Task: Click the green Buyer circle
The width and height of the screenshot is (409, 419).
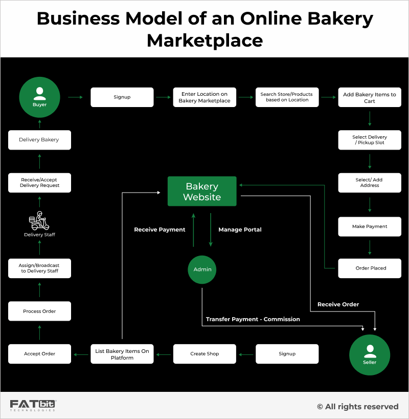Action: pos(39,97)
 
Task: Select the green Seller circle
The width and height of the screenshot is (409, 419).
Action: pos(370,355)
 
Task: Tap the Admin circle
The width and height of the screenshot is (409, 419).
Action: pos(202,269)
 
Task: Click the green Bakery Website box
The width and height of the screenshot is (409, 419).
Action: pos(202,192)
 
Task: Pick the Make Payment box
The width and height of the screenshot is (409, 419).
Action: pos(370,226)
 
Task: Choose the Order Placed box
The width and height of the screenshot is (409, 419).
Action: pos(370,268)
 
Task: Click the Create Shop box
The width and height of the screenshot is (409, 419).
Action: pos(204,353)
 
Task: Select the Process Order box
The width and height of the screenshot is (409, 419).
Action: pos(39,311)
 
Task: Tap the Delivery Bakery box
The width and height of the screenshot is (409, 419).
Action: pos(39,139)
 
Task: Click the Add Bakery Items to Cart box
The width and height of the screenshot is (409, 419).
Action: pos(370,97)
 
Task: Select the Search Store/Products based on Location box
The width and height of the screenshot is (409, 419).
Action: pos(287,97)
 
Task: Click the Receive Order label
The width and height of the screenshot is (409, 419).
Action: pos(338,304)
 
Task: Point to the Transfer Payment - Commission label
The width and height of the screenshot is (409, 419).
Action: pos(253,319)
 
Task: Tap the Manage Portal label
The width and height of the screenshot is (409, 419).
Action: pos(240,229)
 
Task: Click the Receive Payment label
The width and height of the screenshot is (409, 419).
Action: pos(160,229)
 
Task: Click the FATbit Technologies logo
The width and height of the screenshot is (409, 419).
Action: pos(33,406)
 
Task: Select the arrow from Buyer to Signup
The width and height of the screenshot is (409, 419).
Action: pos(76,97)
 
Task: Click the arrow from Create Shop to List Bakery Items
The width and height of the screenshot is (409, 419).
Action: pos(164,353)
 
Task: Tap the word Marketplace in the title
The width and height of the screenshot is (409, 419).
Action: pos(204,40)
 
